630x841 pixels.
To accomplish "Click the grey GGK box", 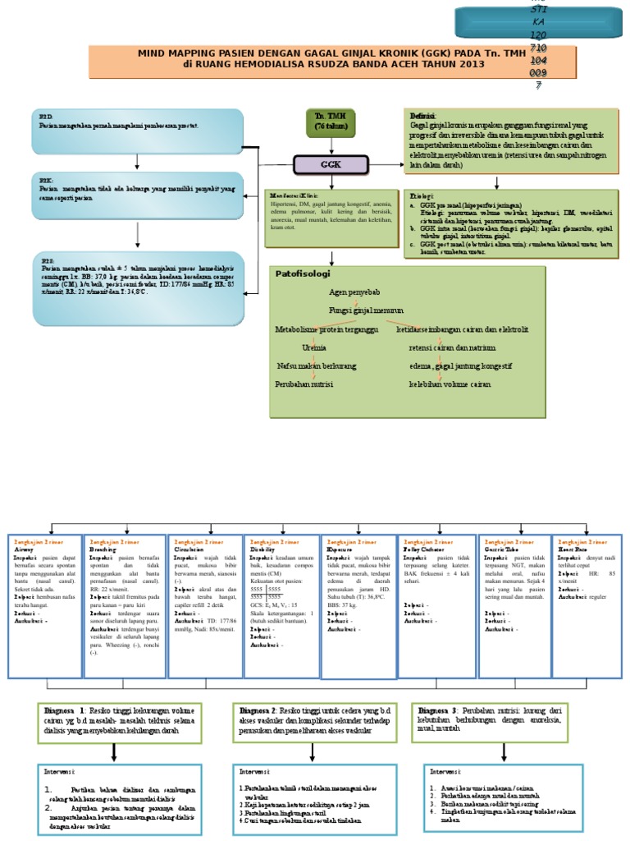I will (x=331, y=164).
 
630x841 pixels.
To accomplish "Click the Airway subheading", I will (x=24, y=549).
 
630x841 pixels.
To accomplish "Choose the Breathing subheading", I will (x=103, y=549).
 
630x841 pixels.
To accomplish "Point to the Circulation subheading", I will (x=188, y=549).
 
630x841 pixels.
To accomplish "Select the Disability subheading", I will (x=262, y=549).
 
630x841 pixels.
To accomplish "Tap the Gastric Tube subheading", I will (x=500, y=549).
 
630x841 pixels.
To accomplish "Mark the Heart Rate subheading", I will (x=573, y=549).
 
